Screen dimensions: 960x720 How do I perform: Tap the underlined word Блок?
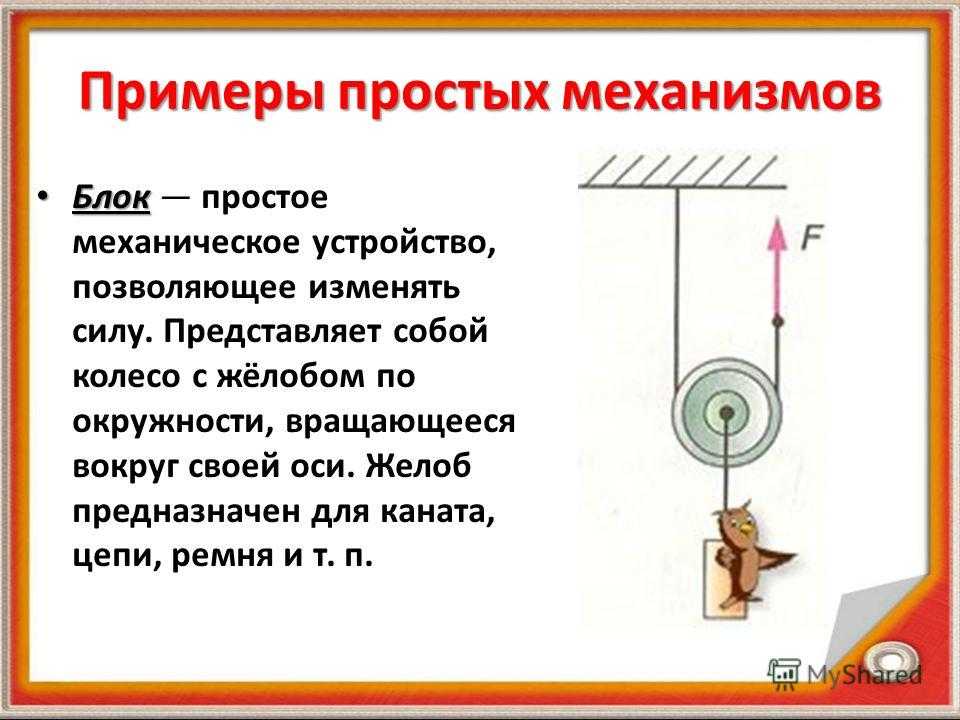tap(111, 198)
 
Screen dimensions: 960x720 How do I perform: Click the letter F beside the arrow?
tap(812, 238)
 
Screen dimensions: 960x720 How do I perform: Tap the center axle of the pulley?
tap(726, 413)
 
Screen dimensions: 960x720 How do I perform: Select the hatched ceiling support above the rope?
tap(682, 172)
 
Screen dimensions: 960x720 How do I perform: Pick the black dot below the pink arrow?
tap(778, 320)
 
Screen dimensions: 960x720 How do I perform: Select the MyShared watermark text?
tap(864, 674)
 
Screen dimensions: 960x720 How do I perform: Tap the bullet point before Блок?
tap(41, 197)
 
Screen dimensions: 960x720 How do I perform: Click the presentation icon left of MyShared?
tap(785, 672)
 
